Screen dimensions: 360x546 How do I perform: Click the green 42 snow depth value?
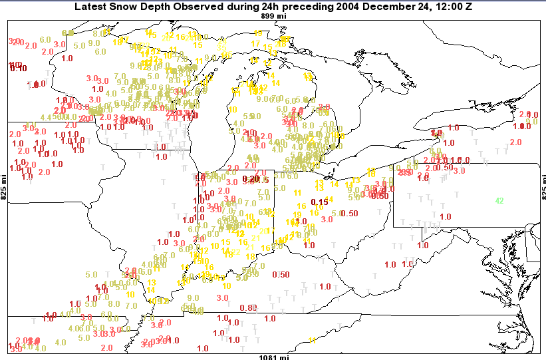pyautogui.click(x=499, y=200)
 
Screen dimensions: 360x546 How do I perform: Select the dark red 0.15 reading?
pyautogui.click(x=320, y=202)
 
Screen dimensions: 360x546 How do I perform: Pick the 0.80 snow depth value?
pyautogui.click(x=247, y=307)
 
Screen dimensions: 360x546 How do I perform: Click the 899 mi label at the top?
pyautogui.click(x=273, y=16)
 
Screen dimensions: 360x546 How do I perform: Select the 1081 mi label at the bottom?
pyautogui.click(x=274, y=357)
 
